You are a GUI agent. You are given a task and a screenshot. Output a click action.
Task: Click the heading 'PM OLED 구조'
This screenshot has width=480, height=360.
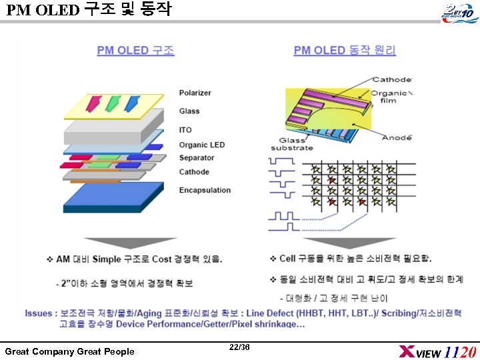[x=135, y=51]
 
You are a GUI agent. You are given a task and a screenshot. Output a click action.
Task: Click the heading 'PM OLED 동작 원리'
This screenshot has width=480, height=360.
[x=345, y=51]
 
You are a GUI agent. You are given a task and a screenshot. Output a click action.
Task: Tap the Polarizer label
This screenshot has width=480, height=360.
[x=195, y=93]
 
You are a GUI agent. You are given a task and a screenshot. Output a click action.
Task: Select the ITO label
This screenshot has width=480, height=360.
[x=185, y=130]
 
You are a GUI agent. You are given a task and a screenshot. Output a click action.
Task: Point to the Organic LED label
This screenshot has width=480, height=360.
[x=201, y=145]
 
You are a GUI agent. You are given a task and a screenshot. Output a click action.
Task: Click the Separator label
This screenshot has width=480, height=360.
[x=197, y=158]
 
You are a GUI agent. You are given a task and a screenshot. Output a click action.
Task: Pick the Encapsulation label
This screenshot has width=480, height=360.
[x=205, y=190]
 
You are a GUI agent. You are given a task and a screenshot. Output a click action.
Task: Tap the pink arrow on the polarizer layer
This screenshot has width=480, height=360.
[x=92, y=102]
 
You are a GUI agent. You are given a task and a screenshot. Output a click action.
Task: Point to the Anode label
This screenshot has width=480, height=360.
[x=396, y=137]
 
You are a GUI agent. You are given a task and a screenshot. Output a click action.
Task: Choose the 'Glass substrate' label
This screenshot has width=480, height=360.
[x=292, y=144]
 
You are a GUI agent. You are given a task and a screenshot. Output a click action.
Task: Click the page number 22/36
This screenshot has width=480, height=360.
[x=239, y=347]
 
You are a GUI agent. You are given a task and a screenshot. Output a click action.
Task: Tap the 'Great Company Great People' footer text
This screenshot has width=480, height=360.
[x=69, y=351]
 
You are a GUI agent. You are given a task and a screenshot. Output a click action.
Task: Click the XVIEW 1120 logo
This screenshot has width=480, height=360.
[x=437, y=351]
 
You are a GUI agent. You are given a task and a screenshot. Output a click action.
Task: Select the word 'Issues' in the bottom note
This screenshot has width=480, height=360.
[x=39, y=313]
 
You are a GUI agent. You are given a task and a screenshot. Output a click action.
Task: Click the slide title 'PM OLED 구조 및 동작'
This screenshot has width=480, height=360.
[x=88, y=10]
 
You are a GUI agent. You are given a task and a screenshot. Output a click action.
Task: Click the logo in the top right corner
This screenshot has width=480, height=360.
[x=457, y=12]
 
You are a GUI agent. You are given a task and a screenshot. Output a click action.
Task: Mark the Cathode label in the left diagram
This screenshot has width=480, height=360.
[x=194, y=172]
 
